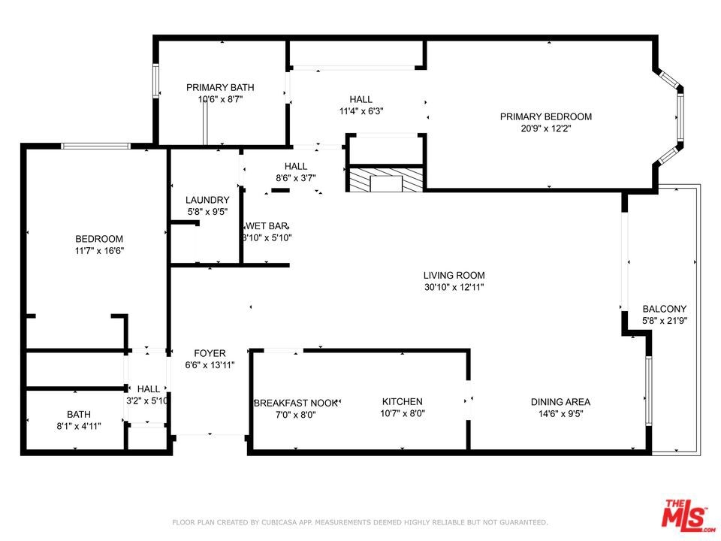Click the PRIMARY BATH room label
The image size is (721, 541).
tap(220, 87)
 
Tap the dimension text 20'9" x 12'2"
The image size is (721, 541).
tap(546, 128)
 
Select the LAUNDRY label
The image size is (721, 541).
tap(207, 200)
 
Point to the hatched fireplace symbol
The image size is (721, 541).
tap(385, 180)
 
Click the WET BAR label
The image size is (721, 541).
tap(267, 226)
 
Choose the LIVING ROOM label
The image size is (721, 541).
tap(454, 275)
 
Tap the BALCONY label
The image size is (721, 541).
tap(665, 309)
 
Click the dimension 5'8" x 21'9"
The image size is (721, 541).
tap(665, 321)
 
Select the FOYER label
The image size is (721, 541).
tap(210, 353)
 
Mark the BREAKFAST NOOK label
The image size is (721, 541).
tap(296, 403)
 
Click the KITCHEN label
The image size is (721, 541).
tap(403, 401)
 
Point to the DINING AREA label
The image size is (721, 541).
tap(560, 402)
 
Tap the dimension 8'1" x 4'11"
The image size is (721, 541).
tap(79, 426)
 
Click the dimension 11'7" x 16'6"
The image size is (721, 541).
tap(99, 251)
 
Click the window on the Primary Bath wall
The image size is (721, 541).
tap(155, 80)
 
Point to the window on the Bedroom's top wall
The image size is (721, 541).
tap(95, 147)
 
